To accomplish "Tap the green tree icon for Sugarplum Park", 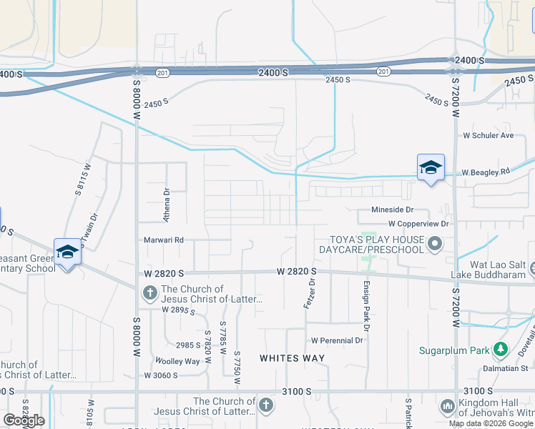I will point(501,350).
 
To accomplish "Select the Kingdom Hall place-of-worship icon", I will point(449,406).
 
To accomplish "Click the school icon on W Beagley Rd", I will point(431,168).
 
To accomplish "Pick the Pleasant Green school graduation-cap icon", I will point(68,252).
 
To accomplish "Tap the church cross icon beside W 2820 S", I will point(150,292).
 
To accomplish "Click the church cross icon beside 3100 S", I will point(265,405).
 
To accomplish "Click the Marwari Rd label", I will point(164,240).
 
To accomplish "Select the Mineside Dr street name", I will point(393,209).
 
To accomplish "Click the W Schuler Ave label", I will point(489,135).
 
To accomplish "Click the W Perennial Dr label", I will point(336,340).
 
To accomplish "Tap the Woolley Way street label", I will point(182,362).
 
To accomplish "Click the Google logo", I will point(24,420).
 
